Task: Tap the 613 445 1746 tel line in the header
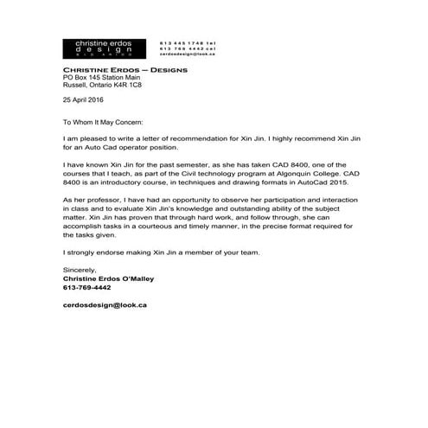(188, 42)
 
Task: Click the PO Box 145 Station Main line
(103, 78)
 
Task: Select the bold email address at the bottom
(105, 304)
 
